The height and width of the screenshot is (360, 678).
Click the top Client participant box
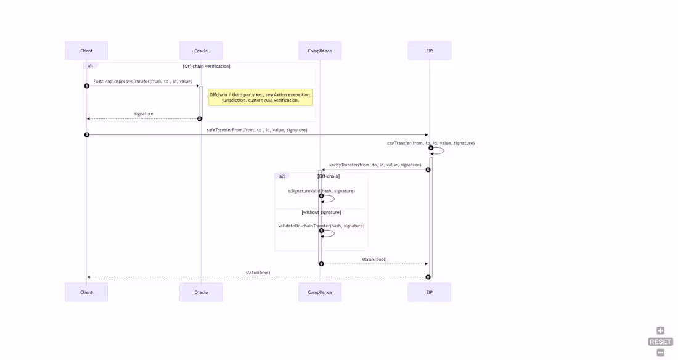click(86, 51)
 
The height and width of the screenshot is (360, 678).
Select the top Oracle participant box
click(201, 51)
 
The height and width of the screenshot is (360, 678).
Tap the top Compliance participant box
click(320, 51)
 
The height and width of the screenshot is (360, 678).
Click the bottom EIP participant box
click(429, 292)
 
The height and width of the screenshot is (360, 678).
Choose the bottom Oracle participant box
click(201, 292)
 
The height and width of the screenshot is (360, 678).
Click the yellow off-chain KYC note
click(260, 97)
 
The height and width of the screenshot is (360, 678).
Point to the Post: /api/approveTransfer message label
click(143, 81)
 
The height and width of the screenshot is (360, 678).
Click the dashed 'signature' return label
click(144, 114)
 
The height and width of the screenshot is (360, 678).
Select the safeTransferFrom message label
click(257, 130)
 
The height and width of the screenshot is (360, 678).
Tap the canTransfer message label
click(431, 143)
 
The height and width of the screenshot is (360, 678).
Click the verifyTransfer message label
click(375, 165)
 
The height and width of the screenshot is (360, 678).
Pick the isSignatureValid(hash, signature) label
click(321, 191)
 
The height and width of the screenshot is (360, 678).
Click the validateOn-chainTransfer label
click(321, 226)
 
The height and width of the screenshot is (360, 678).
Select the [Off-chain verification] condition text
click(206, 66)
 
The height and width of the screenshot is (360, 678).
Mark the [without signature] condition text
click(321, 212)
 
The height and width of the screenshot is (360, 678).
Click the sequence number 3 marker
click(87, 134)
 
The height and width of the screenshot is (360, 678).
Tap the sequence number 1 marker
click(87, 86)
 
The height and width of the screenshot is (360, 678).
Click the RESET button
click(660, 342)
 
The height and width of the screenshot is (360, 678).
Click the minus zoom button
click(660, 353)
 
